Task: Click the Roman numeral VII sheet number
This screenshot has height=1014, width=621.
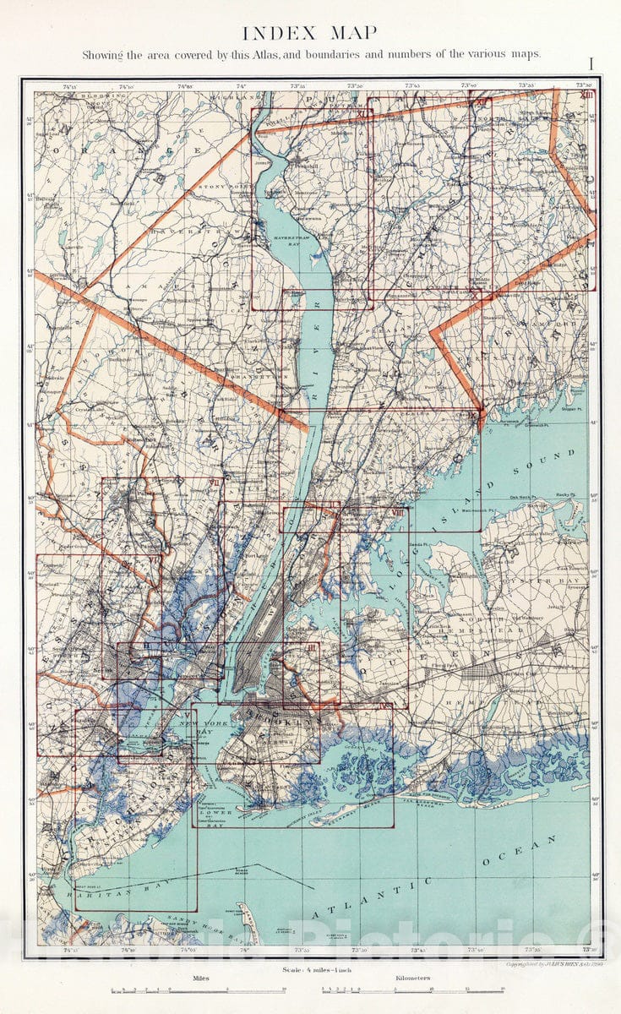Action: click(x=215, y=482)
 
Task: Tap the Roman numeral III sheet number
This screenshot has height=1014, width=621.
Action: click(x=313, y=647)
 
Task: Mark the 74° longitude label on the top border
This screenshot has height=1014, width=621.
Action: click(x=241, y=86)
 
